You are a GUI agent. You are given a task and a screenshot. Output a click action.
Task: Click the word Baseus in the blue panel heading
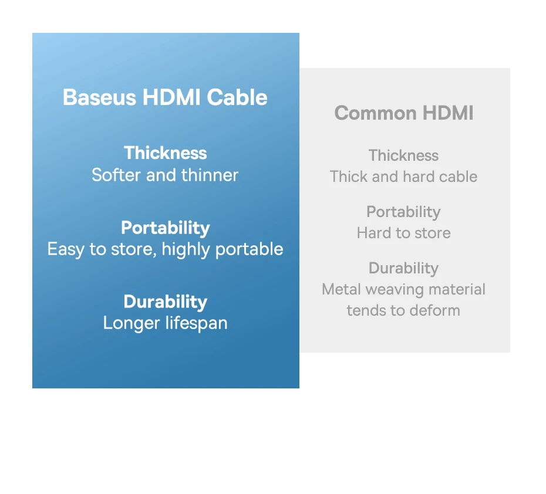click(x=100, y=97)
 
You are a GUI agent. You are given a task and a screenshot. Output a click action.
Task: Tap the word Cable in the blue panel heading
click(x=237, y=97)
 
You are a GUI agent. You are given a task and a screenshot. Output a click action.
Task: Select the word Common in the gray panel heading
click(x=375, y=113)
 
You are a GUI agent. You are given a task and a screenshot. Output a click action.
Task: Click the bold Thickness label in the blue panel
click(x=166, y=153)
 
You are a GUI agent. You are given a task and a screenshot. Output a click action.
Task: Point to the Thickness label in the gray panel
click(x=403, y=155)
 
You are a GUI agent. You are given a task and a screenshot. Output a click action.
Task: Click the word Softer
click(x=116, y=175)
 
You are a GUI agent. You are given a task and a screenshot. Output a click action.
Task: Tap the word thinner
click(x=210, y=175)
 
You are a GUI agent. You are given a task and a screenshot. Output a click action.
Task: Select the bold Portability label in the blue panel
click(x=166, y=228)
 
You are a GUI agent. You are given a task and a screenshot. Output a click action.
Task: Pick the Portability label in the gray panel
click(x=403, y=212)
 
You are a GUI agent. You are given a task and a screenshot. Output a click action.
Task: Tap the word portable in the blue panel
click(x=250, y=249)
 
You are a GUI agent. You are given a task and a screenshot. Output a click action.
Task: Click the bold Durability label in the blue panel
click(x=166, y=302)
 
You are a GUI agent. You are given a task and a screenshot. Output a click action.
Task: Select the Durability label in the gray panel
click(x=403, y=269)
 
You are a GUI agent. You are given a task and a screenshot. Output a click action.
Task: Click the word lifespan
click(x=197, y=323)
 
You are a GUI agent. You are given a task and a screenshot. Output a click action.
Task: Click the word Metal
click(x=341, y=289)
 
